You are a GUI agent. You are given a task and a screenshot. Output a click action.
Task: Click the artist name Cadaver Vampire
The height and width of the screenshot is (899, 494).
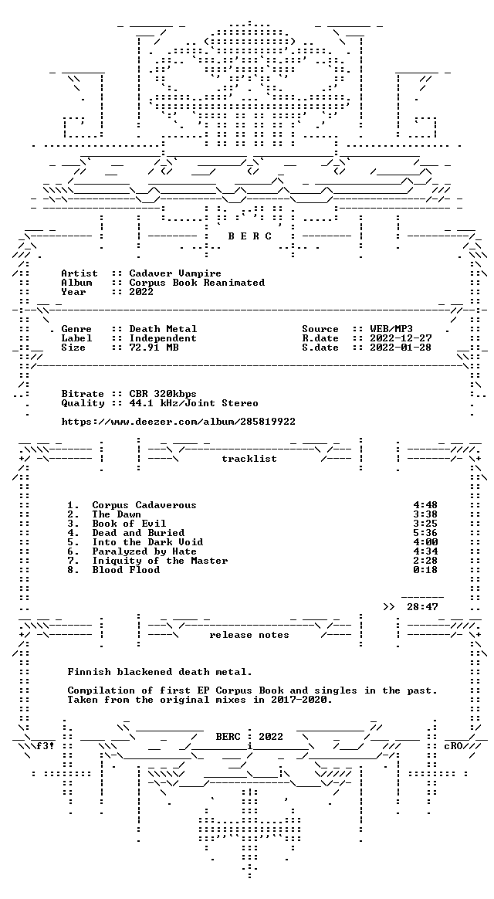pyautogui.click(x=174, y=273)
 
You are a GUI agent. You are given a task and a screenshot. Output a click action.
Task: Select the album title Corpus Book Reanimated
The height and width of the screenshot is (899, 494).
pyautogui.click(x=197, y=283)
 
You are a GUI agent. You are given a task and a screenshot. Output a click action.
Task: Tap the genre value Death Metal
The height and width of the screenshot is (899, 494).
pyautogui.click(x=163, y=329)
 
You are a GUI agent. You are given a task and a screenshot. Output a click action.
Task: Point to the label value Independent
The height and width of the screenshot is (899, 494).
pyautogui.click(x=163, y=338)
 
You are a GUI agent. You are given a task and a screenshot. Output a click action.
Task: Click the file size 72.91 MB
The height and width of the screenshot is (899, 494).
pyautogui.click(x=154, y=348)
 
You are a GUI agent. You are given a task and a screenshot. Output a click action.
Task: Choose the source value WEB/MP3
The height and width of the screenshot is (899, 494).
pyautogui.click(x=391, y=329)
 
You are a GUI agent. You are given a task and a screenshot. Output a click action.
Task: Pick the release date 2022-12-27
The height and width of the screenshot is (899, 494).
pyautogui.click(x=401, y=338)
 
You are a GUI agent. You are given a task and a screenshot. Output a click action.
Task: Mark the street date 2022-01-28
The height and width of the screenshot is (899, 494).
pyautogui.click(x=401, y=348)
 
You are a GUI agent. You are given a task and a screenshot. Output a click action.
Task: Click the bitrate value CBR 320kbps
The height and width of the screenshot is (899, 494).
pyautogui.click(x=163, y=394)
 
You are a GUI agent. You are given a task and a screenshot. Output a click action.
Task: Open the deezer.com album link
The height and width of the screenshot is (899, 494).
pyautogui.click(x=178, y=422)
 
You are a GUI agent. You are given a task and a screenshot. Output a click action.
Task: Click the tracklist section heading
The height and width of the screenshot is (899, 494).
pyautogui.click(x=249, y=459)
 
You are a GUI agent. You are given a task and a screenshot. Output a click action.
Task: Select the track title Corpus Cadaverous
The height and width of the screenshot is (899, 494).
pyautogui.click(x=144, y=505)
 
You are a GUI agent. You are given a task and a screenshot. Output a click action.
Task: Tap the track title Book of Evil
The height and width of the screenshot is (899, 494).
pyautogui.click(x=129, y=524)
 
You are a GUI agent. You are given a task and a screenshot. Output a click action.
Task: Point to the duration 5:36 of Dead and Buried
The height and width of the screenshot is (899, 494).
pyautogui.click(x=425, y=533)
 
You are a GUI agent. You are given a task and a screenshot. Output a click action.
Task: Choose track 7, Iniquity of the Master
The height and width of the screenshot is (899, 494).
pyautogui.click(x=160, y=561)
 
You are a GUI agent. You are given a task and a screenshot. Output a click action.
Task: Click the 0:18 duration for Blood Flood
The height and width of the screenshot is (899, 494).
pyautogui.click(x=425, y=570)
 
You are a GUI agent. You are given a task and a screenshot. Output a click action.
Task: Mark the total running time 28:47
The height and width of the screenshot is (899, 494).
pyautogui.click(x=422, y=607)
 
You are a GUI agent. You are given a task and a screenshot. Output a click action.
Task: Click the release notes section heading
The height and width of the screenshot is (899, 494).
pyautogui.click(x=249, y=635)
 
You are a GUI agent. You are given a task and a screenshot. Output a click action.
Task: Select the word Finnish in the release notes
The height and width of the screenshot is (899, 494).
pyautogui.click(x=89, y=672)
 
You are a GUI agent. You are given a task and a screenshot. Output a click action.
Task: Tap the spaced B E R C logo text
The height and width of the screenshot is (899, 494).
pyautogui.click(x=250, y=236)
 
